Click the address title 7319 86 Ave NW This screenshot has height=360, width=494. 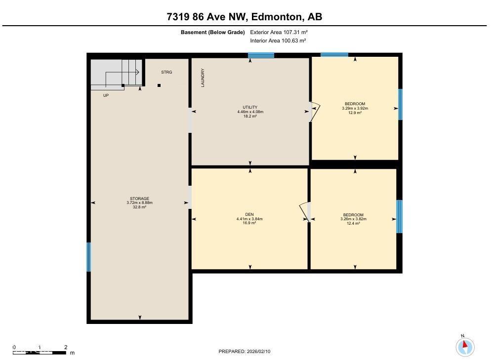click(x=245, y=17)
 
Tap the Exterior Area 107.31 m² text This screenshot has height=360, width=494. click(x=279, y=32)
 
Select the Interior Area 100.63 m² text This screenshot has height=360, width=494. click(x=278, y=40)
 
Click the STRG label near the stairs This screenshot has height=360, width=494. click(x=166, y=73)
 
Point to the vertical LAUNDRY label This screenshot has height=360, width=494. click(x=203, y=78)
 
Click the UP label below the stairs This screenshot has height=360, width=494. click(x=106, y=95)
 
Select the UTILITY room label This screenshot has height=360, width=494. click(x=250, y=107)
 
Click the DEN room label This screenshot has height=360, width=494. click(x=249, y=214)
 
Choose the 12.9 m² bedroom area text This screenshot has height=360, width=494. click(x=355, y=113)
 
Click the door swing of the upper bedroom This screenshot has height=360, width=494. click(x=315, y=111)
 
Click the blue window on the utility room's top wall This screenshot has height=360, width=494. click(x=261, y=55)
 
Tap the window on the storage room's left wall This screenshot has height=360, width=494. click(x=89, y=257)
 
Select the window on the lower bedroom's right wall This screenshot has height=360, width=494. click(x=399, y=216)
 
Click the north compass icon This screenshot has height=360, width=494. click(x=465, y=346)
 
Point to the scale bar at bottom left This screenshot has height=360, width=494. click(x=40, y=352)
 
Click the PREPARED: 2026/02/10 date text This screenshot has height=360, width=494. click(x=245, y=352)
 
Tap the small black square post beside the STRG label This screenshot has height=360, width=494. click(x=159, y=85)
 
